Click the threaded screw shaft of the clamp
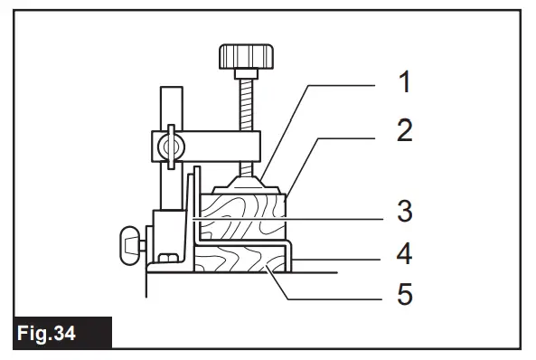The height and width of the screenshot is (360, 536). [x=243, y=113]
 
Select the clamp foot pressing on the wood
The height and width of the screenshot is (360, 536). [x=246, y=182]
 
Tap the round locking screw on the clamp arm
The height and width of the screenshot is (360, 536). [x=167, y=144]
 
